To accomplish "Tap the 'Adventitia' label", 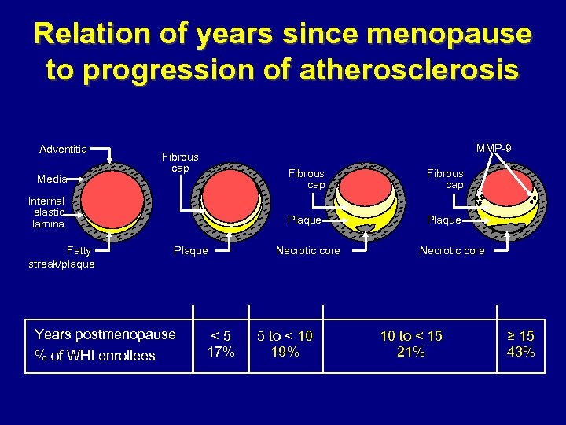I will (x=63, y=148).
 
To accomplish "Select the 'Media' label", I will (x=52, y=179).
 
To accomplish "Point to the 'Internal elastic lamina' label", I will (x=49, y=213).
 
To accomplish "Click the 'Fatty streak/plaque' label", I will (x=61, y=257).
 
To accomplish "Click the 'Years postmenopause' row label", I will (x=105, y=334).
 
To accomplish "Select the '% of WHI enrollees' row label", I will (x=95, y=356).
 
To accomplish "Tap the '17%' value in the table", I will (x=221, y=352).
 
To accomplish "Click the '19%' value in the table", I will (x=284, y=352).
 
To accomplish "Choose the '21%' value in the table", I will (x=411, y=352).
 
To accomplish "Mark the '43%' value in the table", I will (x=521, y=352).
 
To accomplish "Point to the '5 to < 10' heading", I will (x=284, y=336).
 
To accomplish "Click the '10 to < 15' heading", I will (x=411, y=336).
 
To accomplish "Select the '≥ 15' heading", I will (x=521, y=336).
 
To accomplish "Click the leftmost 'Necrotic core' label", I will (x=307, y=251).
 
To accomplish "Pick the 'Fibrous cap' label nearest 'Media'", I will (x=180, y=163).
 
